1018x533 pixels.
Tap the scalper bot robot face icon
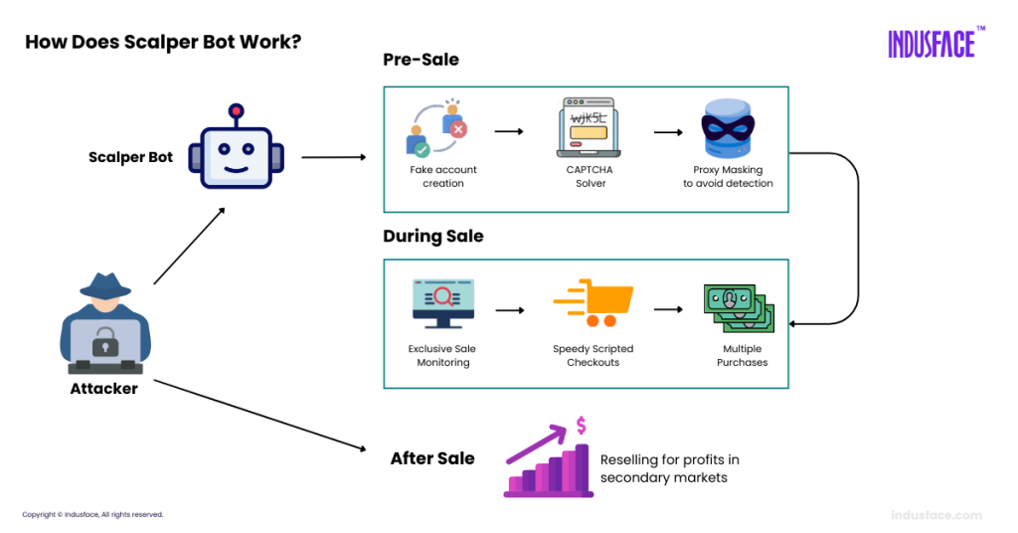point(236,155)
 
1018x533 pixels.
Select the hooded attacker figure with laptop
point(106,323)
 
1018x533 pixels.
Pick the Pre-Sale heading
point(421,60)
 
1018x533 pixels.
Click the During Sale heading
point(433,237)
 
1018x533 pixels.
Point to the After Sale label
point(432,458)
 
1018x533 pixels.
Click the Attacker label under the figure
point(103,389)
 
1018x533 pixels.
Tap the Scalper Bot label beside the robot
point(130,157)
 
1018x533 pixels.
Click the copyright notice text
point(92,515)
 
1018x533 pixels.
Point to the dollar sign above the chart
point(581,426)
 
